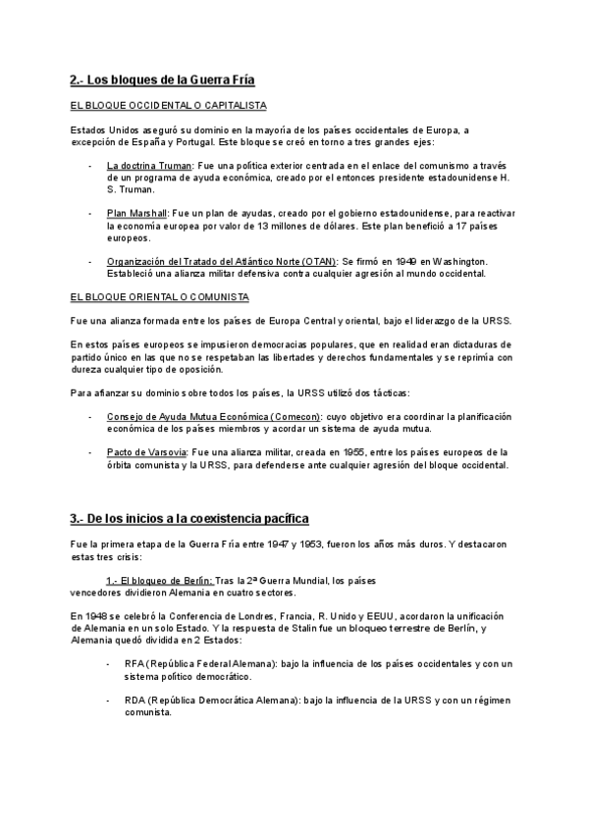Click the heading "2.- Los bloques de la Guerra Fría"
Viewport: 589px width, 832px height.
(x=163, y=79)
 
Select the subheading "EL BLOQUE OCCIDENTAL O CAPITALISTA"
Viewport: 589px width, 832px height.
(x=169, y=105)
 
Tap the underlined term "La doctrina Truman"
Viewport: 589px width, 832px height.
(x=149, y=166)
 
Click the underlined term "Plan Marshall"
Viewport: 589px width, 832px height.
(x=136, y=212)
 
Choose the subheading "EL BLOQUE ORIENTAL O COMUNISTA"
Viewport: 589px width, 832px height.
(x=160, y=296)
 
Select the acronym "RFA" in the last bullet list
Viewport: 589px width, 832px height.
(x=135, y=664)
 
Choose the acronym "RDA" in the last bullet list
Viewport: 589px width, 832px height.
(x=135, y=700)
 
